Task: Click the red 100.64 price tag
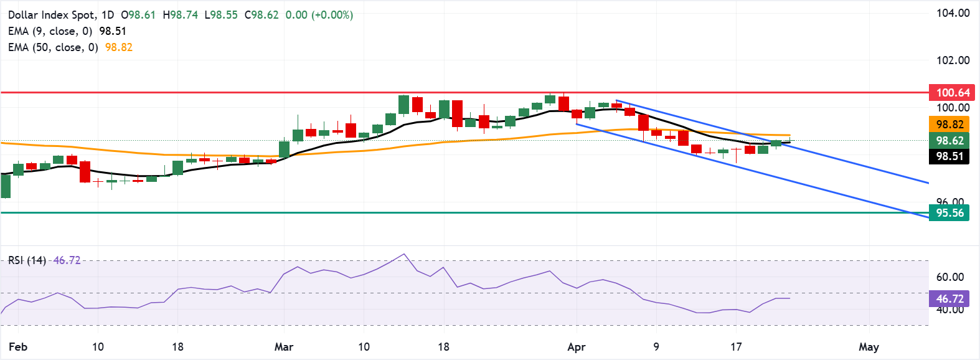951,93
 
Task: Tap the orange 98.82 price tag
949,125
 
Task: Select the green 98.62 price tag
949,141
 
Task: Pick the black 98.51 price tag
949,156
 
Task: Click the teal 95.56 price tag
949,213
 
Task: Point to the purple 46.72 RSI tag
949,299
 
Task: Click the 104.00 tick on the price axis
953,13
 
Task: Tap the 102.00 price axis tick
953,60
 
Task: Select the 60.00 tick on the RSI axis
950,277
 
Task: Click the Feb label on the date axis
18,347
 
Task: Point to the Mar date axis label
284,347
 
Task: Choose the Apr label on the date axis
577,347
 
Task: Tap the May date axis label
869,347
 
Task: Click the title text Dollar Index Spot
52,15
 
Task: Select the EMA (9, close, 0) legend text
50,31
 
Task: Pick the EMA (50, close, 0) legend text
53,47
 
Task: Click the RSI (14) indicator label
27,260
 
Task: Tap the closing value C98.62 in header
261,15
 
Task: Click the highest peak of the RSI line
404,254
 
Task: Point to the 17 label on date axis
736,347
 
